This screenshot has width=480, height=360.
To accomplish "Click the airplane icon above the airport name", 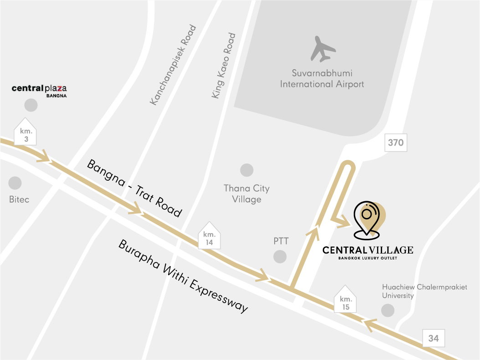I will (x=323, y=49).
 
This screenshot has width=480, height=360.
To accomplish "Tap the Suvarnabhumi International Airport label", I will (x=322, y=79).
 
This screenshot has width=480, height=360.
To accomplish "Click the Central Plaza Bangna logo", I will (x=42, y=90).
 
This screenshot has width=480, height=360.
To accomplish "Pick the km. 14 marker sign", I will (x=209, y=236).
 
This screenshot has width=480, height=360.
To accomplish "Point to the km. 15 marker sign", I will (x=345, y=300).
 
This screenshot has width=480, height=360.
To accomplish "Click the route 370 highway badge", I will (x=395, y=143).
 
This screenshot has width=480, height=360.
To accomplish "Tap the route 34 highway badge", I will (x=433, y=339).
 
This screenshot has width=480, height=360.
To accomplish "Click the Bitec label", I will (x=19, y=199).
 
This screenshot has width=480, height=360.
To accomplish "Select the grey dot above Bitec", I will (x=15, y=183).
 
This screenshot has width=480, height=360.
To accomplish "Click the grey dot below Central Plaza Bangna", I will (x=31, y=106).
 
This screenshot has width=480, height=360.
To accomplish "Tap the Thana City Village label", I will (x=246, y=194).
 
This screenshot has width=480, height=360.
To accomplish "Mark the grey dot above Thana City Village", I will (x=247, y=170).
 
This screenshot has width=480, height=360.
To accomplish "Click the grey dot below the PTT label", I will (x=280, y=256).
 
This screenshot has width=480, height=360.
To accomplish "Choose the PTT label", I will (x=281, y=241).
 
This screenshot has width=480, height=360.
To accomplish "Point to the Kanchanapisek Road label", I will (x=173, y=66).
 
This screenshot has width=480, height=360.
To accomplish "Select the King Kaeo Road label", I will (x=224, y=66).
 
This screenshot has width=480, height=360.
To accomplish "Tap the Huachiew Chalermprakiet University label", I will (x=424, y=291).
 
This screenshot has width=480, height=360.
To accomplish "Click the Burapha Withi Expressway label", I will (x=184, y=276).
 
